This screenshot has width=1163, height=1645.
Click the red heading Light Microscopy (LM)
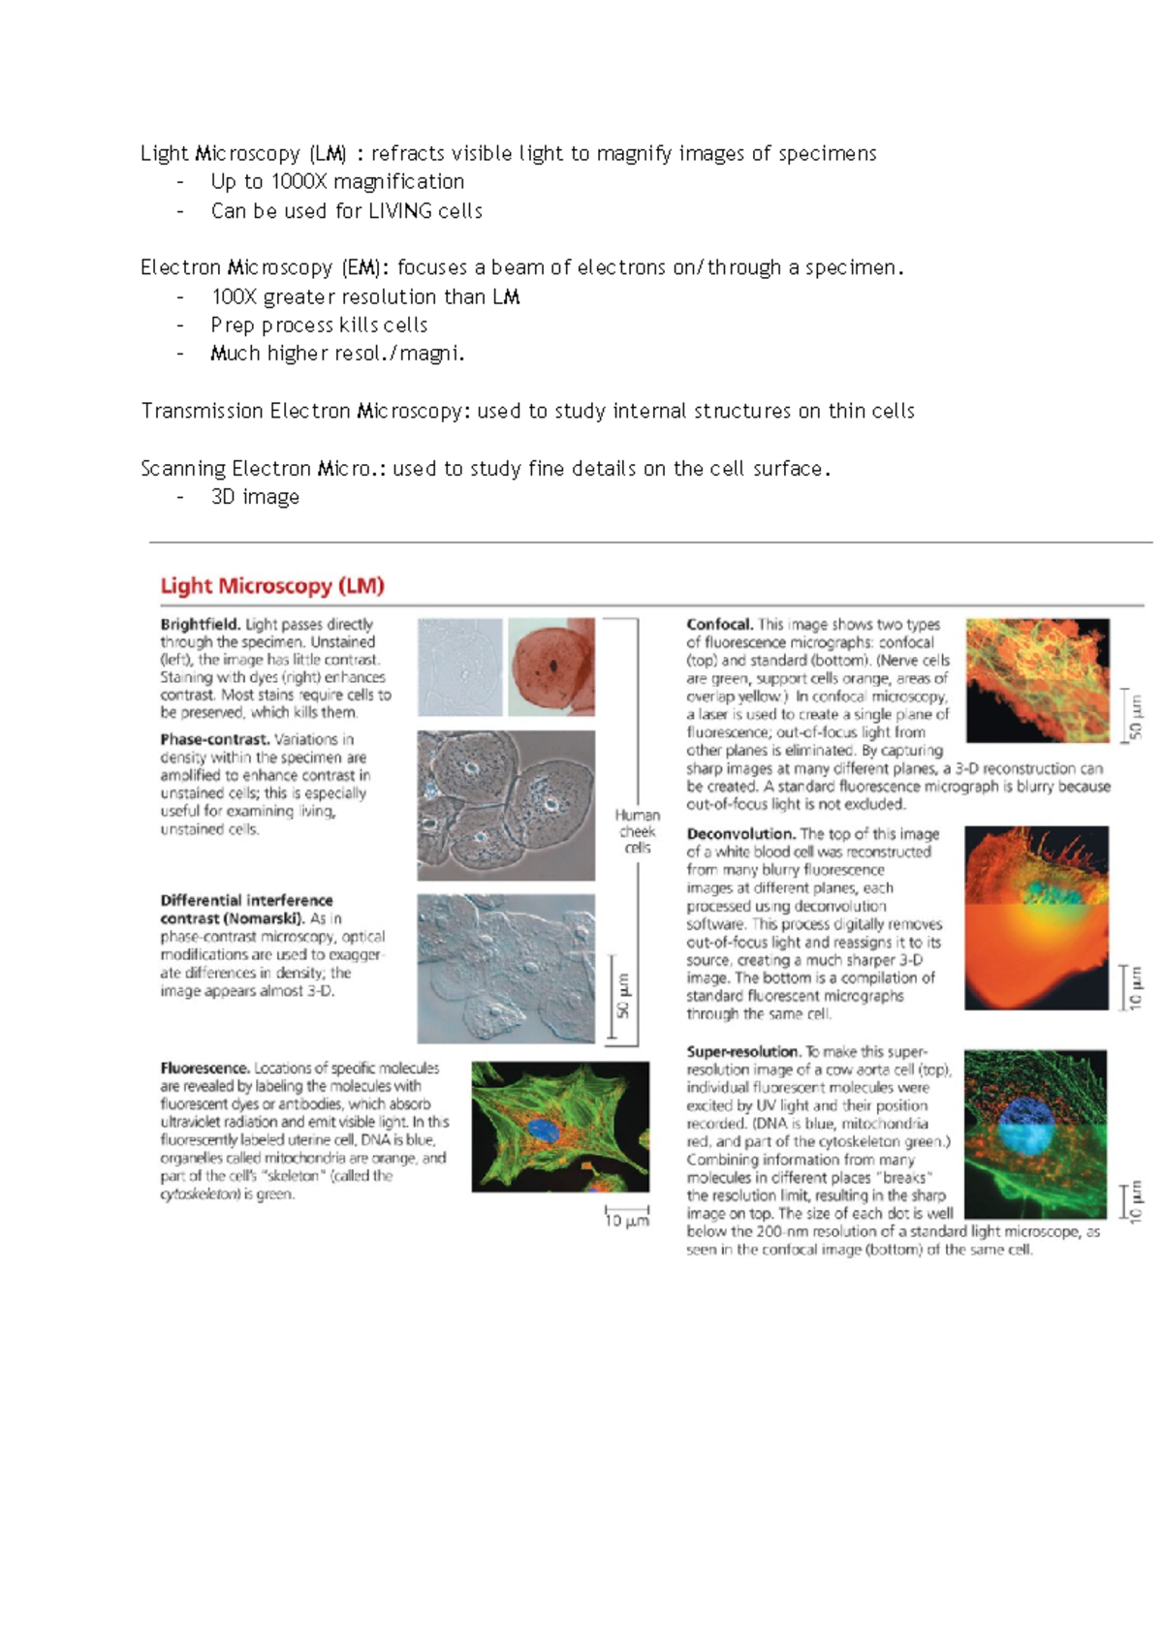pos(272,586)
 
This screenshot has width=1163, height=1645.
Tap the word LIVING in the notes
pos(399,211)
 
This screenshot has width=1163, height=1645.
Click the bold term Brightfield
pos(200,625)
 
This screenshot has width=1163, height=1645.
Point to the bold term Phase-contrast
pos(214,739)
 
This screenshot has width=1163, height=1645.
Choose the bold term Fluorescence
pos(204,1068)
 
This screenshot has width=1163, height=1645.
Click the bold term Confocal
pos(718,625)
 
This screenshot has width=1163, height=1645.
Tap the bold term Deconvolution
pos(740,834)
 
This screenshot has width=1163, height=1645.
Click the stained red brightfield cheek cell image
pos(551,667)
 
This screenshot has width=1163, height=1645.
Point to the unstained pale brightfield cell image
pos(460,667)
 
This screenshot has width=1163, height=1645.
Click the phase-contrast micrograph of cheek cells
pos(506,805)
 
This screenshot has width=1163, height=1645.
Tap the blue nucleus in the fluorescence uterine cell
pos(544,1130)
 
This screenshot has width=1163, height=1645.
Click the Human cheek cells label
pos(637,831)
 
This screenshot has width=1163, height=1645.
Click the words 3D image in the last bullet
pos(255,497)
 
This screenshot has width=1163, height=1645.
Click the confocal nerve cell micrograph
pos(1037,680)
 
